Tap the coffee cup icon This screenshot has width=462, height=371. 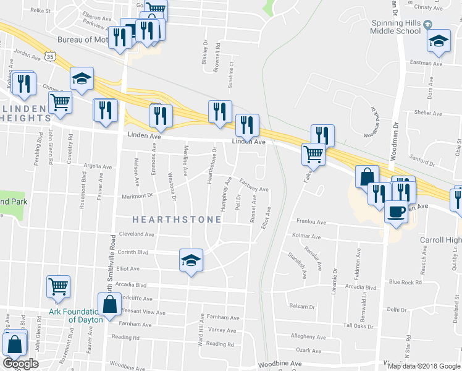click(396, 211)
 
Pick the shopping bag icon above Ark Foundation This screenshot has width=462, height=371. click(110, 305)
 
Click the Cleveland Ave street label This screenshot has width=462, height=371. click(136, 234)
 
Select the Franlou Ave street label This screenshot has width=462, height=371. click(311, 221)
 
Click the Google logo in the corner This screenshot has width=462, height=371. click(20, 364)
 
